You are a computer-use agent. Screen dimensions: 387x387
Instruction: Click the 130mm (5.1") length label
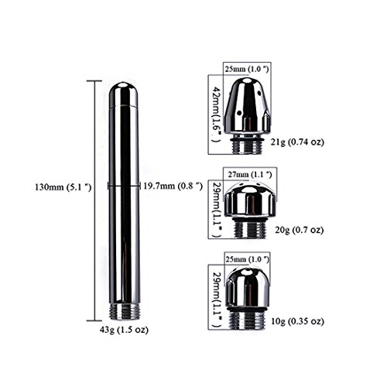[63, 187]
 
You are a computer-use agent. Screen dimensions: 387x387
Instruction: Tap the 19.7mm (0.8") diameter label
[173, 186]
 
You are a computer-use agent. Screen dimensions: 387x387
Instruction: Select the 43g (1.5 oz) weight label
[124, 330]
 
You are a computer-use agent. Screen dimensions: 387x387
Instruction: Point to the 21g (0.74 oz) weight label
[297, 142]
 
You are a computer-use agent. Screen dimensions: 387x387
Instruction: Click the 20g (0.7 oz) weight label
[300, 230]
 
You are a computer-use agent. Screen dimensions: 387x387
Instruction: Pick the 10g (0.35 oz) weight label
[297, 321]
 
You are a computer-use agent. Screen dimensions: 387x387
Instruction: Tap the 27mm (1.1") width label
[250, 175]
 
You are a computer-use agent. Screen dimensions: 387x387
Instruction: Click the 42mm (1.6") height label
[216, 115]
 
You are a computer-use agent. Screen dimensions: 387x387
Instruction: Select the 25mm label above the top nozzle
[247, 69]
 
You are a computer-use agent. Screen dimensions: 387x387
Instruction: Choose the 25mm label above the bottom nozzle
[248, 259]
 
